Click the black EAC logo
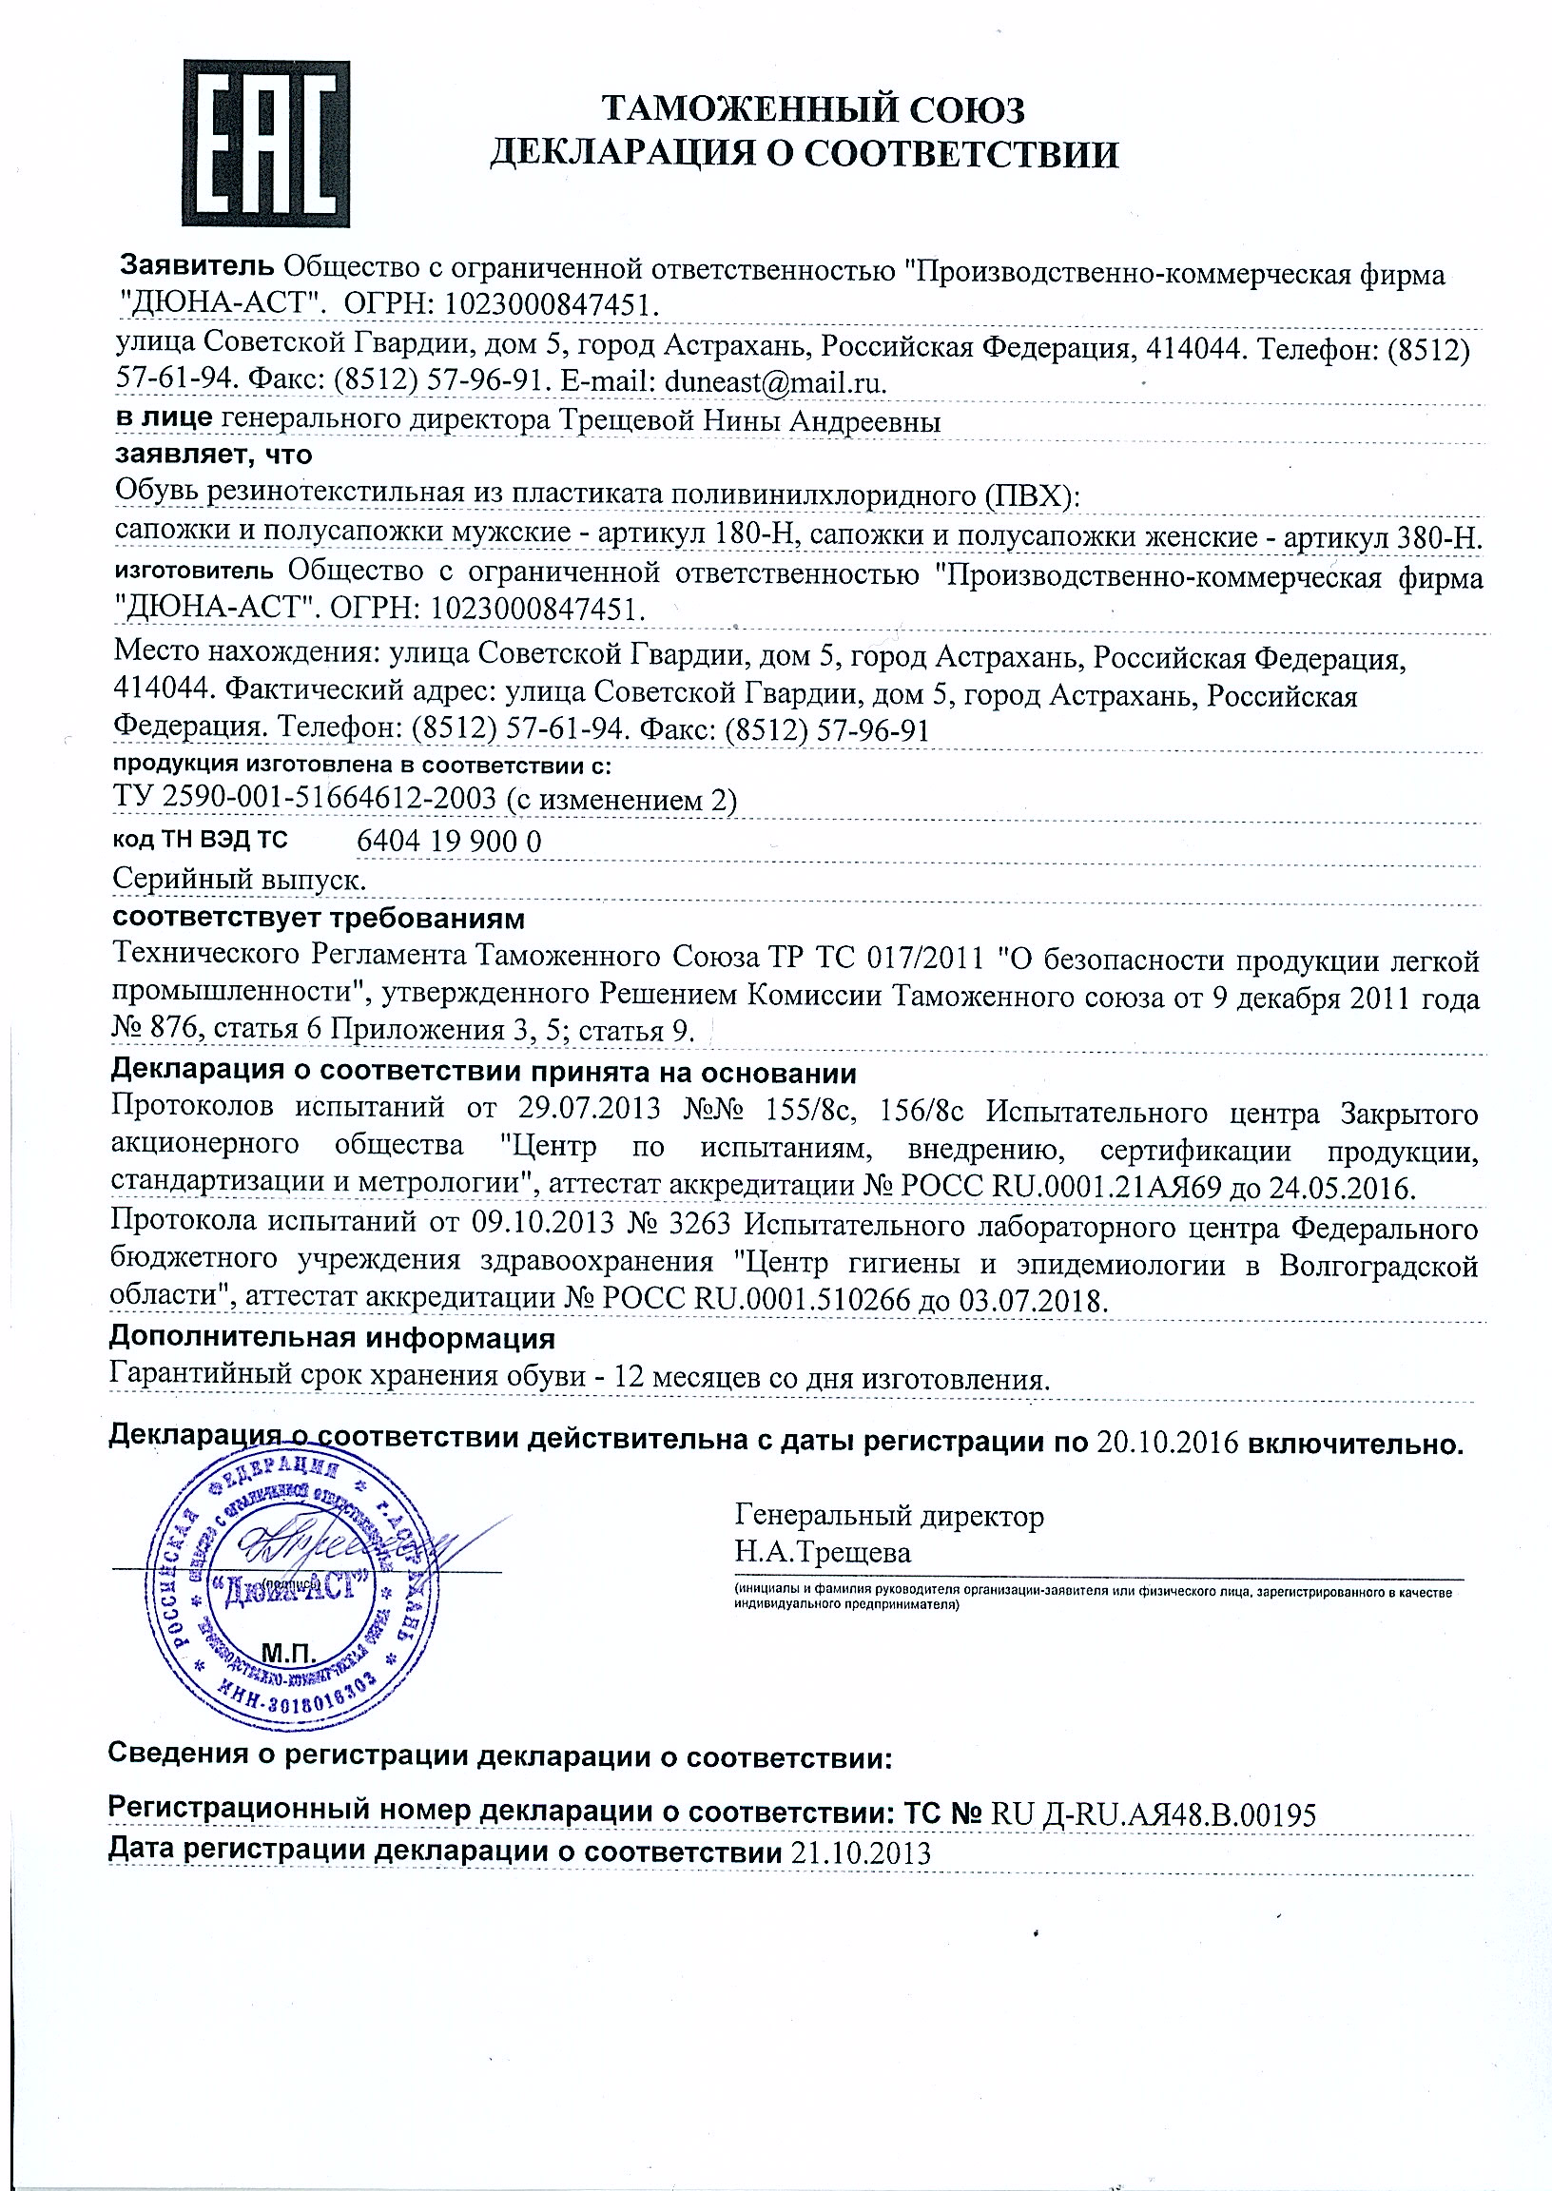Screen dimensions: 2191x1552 [x=265, y=144]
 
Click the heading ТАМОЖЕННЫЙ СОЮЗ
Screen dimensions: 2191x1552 [x=813, y=111]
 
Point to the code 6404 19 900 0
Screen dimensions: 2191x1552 [x=448, y=841]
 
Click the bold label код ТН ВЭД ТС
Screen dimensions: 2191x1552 [x=200, y=840]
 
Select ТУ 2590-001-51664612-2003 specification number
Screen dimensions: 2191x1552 [x=305, y=798]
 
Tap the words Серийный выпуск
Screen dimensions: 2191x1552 [x=239, y=878]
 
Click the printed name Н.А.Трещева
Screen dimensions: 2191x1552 [x=823, y=1552]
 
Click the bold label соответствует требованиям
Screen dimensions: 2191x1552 [x=319, y=919]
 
